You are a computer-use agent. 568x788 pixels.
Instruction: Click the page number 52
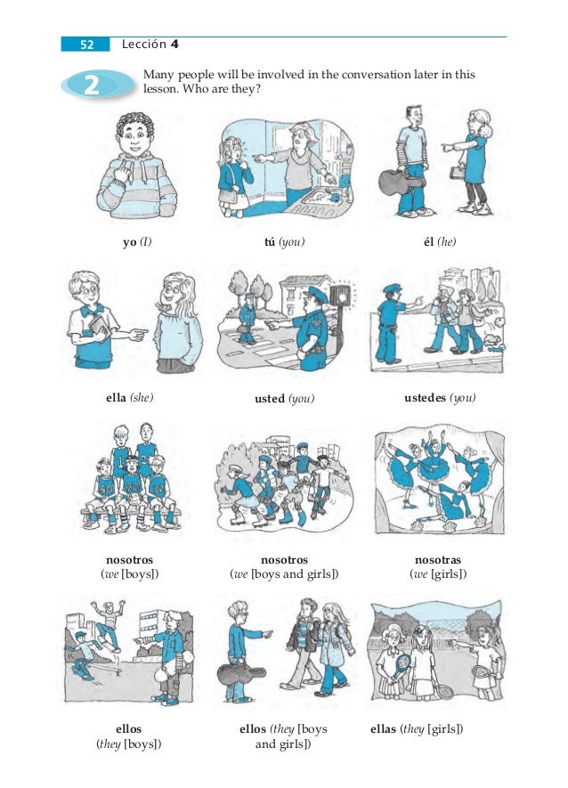click(x=86, y=45)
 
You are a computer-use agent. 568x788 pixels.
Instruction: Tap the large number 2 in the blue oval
click(x=92, y=85)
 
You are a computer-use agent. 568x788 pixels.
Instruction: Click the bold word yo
click(x=130, y=242)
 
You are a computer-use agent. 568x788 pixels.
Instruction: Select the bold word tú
click(x=270, y=241)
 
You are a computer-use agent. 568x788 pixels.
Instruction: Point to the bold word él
click(x=429, y=241)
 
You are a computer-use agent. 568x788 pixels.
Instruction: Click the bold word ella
click(x=116, y=397)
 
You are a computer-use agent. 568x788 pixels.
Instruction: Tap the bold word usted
click(x=270, y=399)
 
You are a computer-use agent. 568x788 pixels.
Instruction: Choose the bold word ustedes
click(x=425, y=397)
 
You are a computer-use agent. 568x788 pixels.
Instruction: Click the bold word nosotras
click(x=438, y=560)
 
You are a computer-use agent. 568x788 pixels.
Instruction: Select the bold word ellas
click(x=383, y=728)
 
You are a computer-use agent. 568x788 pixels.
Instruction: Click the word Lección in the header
click(x=143, y=45)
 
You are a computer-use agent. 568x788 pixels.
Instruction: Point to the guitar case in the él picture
click(x=402, y=182)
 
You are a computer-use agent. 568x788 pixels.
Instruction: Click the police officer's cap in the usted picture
click(x=317, y=294)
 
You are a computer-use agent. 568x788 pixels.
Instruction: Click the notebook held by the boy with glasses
click(x=100, y=326)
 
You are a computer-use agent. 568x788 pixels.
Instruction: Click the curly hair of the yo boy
click(x=135, y=124)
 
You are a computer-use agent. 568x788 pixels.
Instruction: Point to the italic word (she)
click(x=142, y=397)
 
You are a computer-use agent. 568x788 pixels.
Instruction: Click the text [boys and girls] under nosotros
click(x=295, y=574)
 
